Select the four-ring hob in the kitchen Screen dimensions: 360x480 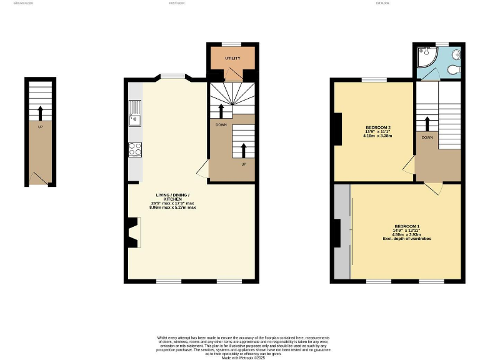[x=135, y=149]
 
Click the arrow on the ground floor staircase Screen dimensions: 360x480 [x=41, y=113]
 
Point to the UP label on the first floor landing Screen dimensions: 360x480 [x=244, y=164]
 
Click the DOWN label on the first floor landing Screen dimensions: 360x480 [x=221, y=124]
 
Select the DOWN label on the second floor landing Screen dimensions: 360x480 [x=427, y=137]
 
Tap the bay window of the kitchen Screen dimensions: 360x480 [x=172, y=77]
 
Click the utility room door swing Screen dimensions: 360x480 [x=232, y=75]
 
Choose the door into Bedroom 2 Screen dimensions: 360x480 [x=408, y=166]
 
